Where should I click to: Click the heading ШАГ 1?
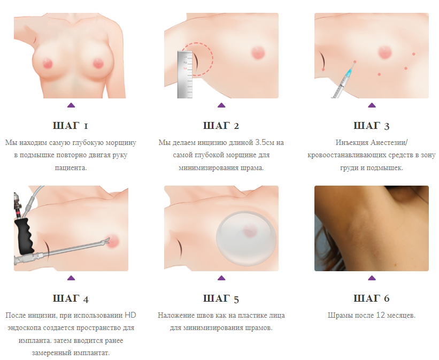point(70,126)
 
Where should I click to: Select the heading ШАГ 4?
point(71,298)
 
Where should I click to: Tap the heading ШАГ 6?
point(371,298)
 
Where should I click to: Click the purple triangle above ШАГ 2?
point(221,105)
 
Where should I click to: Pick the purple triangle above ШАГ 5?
point(221,278)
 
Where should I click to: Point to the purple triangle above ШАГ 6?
point(372,278)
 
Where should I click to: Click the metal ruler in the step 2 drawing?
point(185,74)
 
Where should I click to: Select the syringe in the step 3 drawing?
point(343,81)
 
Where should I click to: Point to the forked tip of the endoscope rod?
point(106,241)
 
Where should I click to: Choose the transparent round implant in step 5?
point(246,238)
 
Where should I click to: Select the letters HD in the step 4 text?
point(130,316)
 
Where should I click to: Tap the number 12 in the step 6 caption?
point(380,316)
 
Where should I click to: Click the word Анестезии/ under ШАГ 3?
point(389,143)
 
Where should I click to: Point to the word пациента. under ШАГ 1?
point(71,168)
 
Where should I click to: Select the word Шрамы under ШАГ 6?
point(340,316)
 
